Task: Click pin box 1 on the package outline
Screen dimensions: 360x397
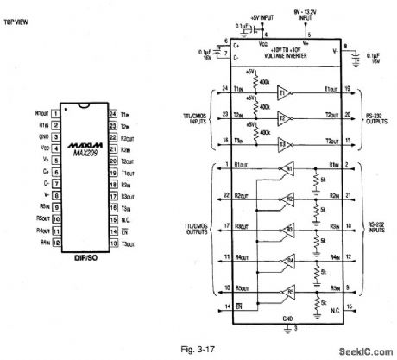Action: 54,111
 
